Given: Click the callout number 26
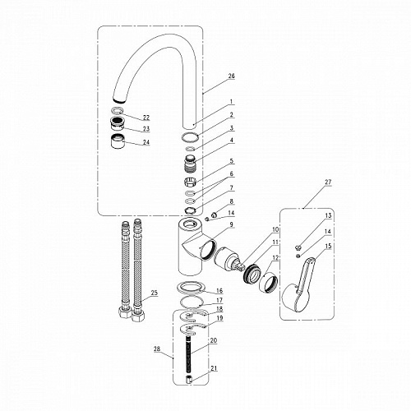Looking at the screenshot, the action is coord(232,76).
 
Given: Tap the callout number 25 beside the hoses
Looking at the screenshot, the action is coord(155,293).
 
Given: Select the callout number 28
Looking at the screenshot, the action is coord(157,349).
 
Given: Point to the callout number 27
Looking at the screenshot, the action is coord(328,182).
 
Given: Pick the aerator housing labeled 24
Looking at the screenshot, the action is coord(118,141).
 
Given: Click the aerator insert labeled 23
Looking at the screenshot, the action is coord(118,123).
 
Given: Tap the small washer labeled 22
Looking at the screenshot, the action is coord(117,110).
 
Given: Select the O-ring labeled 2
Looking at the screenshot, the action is coord(190,136).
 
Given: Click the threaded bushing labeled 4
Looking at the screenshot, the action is coord(190,164).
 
